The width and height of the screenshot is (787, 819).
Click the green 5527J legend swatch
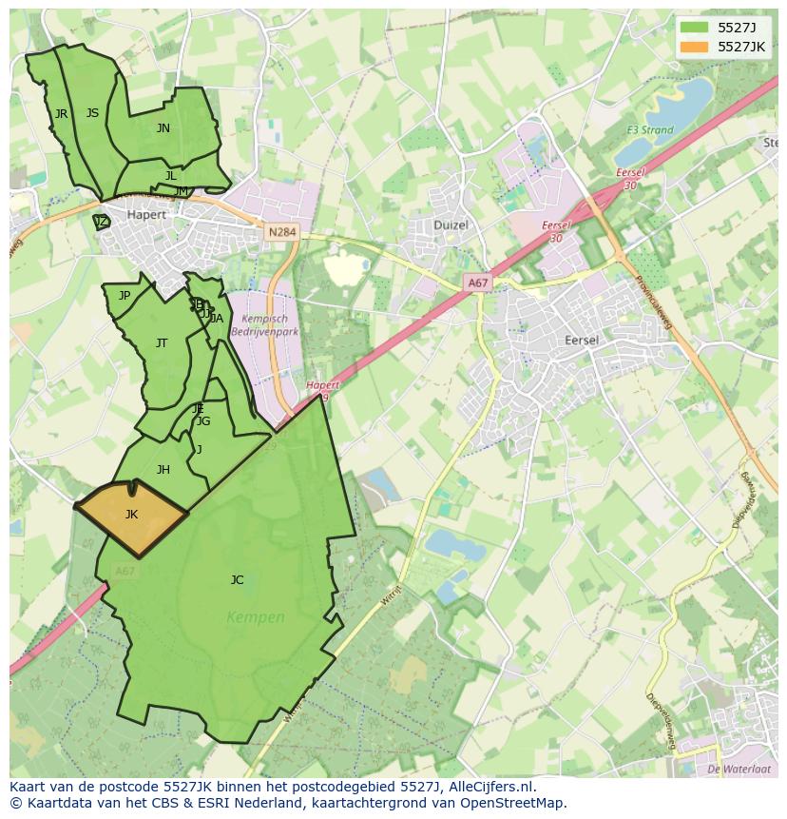pyautogui.click(x=695, y=28)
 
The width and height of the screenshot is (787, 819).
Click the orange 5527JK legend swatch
pyautogui.click(x=695, y=47)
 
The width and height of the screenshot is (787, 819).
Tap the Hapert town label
pyautogui.click(x=146, y=215)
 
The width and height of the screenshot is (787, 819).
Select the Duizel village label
pyautogui.click(x=451, y=225)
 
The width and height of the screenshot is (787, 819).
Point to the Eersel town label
pyautogui.click(x=582, y=340)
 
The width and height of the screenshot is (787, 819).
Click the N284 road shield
pyautogui.click(x=281, y=232)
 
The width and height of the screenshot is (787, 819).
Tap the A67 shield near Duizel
pyautogui.click(x=477, y=283)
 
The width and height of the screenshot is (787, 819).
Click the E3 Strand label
pyautogui.click(x=649, y=130)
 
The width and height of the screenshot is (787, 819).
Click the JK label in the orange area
pyautogui.click(x=131, y=515)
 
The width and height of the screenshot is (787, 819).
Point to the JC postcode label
pyautogui.click(x=237, y=579)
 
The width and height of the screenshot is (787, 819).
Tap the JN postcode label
pyautogui.click(x=163, y=128)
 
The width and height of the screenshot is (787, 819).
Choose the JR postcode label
pyautogui.click(x=61, y=114)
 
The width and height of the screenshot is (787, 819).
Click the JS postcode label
pyautogui.click(x=92, y=113)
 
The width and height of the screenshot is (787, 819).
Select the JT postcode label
pyautogui.click(x=162, y=343)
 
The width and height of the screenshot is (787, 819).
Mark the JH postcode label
pyautogui.click(x=163, y=470)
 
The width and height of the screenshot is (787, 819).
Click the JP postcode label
pyautogui.click(x=125, y=296)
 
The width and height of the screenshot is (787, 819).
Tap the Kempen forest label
pyautogui.click(x=256, y=617)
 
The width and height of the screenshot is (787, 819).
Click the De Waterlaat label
pyautogui.click(x=739, y=768)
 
